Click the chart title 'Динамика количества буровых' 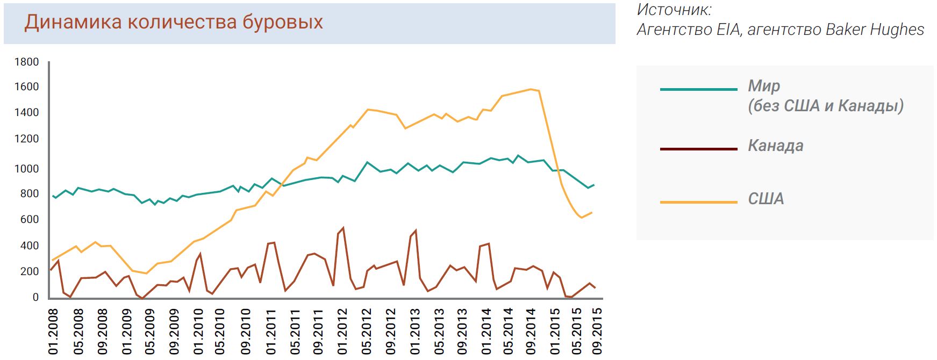click(174, 22)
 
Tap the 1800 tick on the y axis click(27, 62)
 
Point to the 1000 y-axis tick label click(27, 169)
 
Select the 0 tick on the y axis click(35, 297)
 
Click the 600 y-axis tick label click(30, 219)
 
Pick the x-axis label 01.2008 click(53, 332)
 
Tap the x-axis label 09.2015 click(597, 332)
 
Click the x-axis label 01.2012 click(342, 332)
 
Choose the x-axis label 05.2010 click(220, 332)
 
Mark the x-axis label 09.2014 click(531, 332)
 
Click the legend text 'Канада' click(775, 146)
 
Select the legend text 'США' click(766, 199)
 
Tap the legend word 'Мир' click(764, 86)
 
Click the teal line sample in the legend click(698, 89)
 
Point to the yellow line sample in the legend click(698, 202)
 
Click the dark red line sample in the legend click(698, 149)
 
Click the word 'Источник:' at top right click(674, 10)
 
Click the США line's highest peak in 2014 click(530, 89)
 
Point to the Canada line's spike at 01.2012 click(342, 228)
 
